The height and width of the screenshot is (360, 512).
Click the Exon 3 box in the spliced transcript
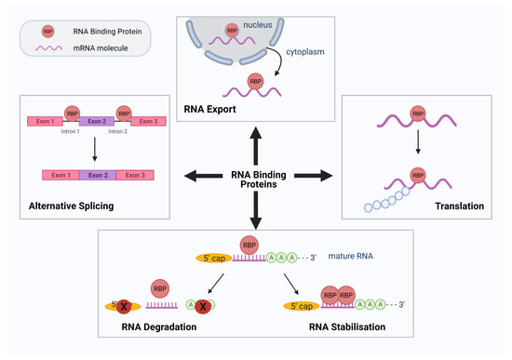click(136, 175)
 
